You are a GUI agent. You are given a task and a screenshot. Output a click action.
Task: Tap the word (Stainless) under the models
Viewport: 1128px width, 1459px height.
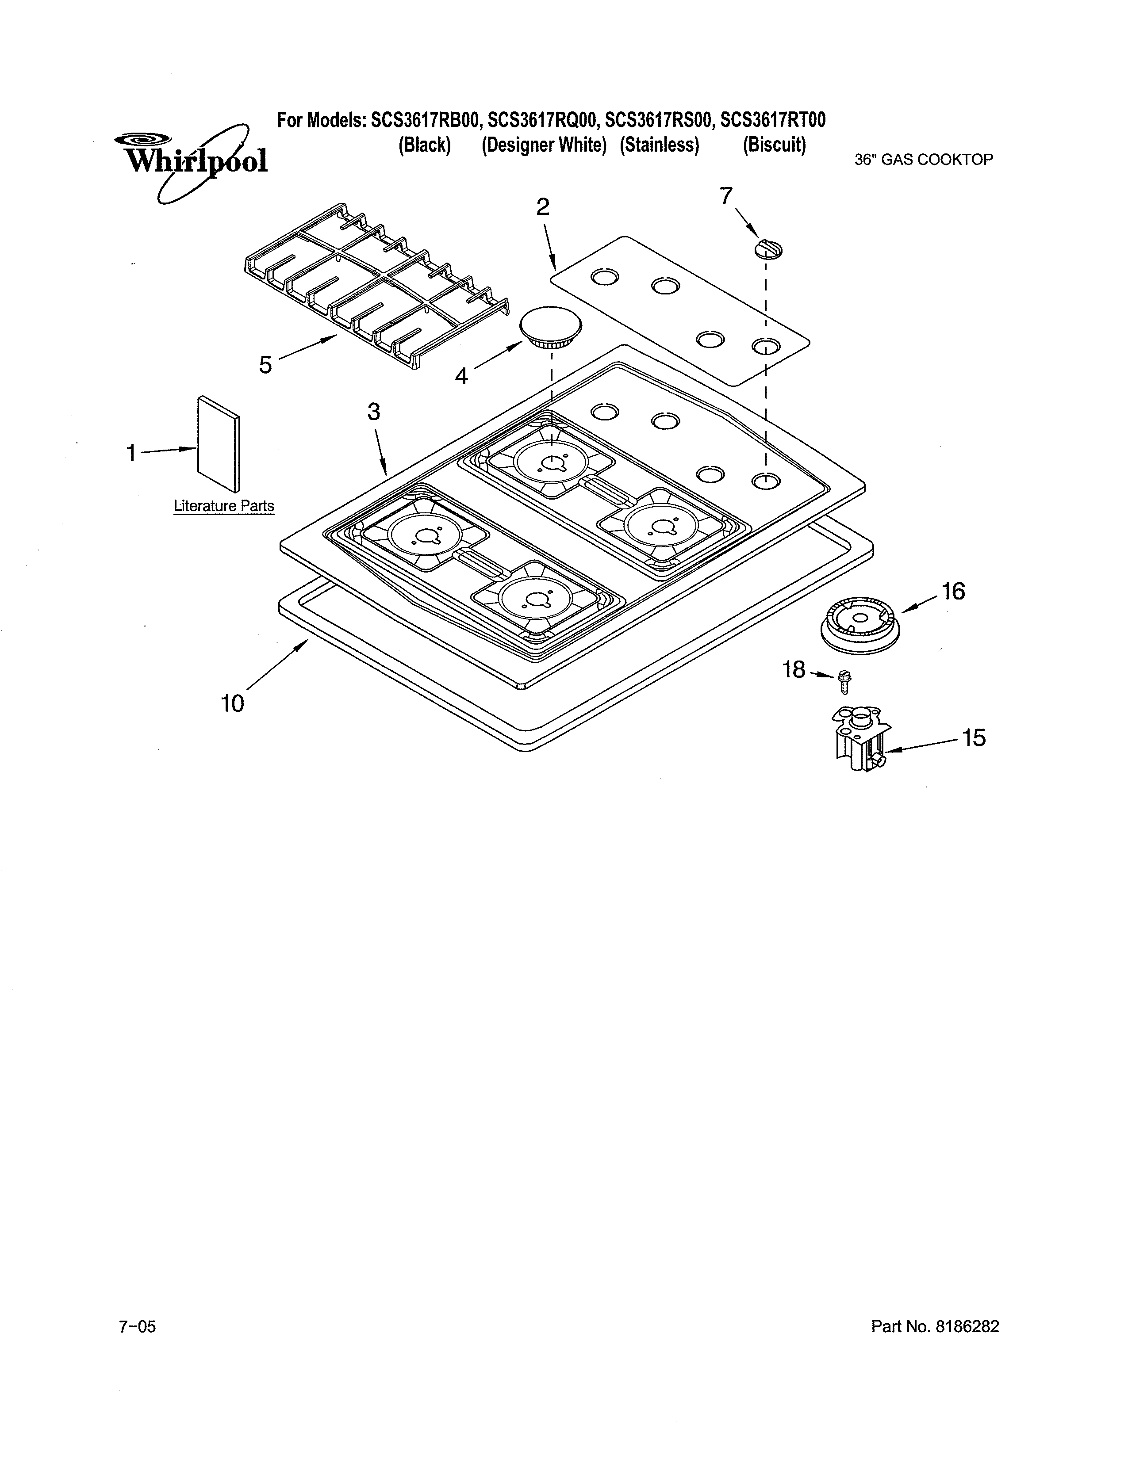(659, 145)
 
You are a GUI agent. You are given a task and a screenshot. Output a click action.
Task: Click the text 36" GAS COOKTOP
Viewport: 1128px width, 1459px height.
(924, 160)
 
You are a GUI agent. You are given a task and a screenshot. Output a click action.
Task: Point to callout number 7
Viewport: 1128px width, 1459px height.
(726, 196)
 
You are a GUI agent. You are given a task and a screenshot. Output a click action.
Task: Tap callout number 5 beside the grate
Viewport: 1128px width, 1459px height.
(266, 365)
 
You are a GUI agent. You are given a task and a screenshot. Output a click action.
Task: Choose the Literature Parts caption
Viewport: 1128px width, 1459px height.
(224, 506)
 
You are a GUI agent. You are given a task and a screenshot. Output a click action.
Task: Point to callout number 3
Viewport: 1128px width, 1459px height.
(373, 412)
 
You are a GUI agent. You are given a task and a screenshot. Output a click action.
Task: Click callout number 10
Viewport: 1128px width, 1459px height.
(233, 703)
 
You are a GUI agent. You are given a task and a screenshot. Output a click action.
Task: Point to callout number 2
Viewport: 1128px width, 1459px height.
(543, 207)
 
